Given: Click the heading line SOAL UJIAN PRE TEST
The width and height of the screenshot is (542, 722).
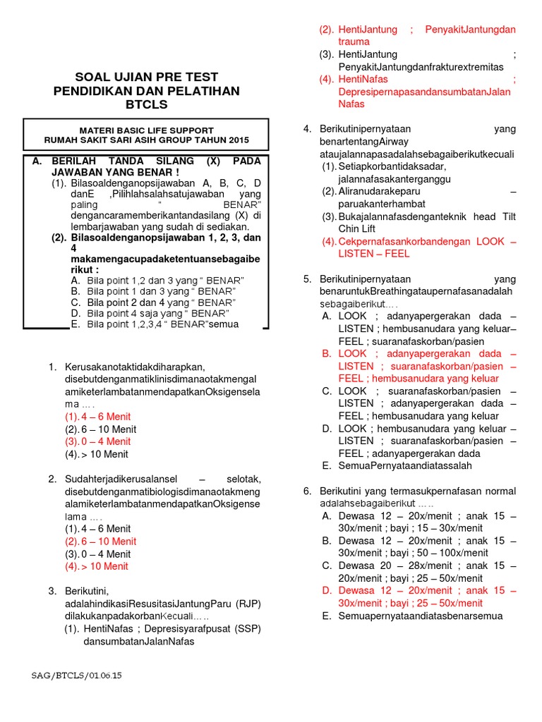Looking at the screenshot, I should pyautogui.click(x=147, y=77).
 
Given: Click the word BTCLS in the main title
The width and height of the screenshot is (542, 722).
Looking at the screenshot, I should pyautogui.click(x=147, y=105).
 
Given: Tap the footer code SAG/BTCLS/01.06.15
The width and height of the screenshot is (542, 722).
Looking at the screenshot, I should pyautogui.click(x=77, y=675).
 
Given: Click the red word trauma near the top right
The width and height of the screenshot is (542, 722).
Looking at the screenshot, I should pyautogui.click(x=335, y=42).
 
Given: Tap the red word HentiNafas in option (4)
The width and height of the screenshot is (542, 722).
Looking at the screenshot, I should pyautogui.click(x=363, y=79).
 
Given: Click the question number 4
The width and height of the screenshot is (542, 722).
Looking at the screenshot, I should pyautogui.click(x=307, y=129).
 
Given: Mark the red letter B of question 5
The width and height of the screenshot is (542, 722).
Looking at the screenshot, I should pyautogui.click(x=326, y=353).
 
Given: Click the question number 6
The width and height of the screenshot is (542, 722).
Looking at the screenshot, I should pyautogui.click(x=307, y=491).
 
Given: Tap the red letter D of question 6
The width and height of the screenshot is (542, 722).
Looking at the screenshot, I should pyautogui.click(x=326, y=591).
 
